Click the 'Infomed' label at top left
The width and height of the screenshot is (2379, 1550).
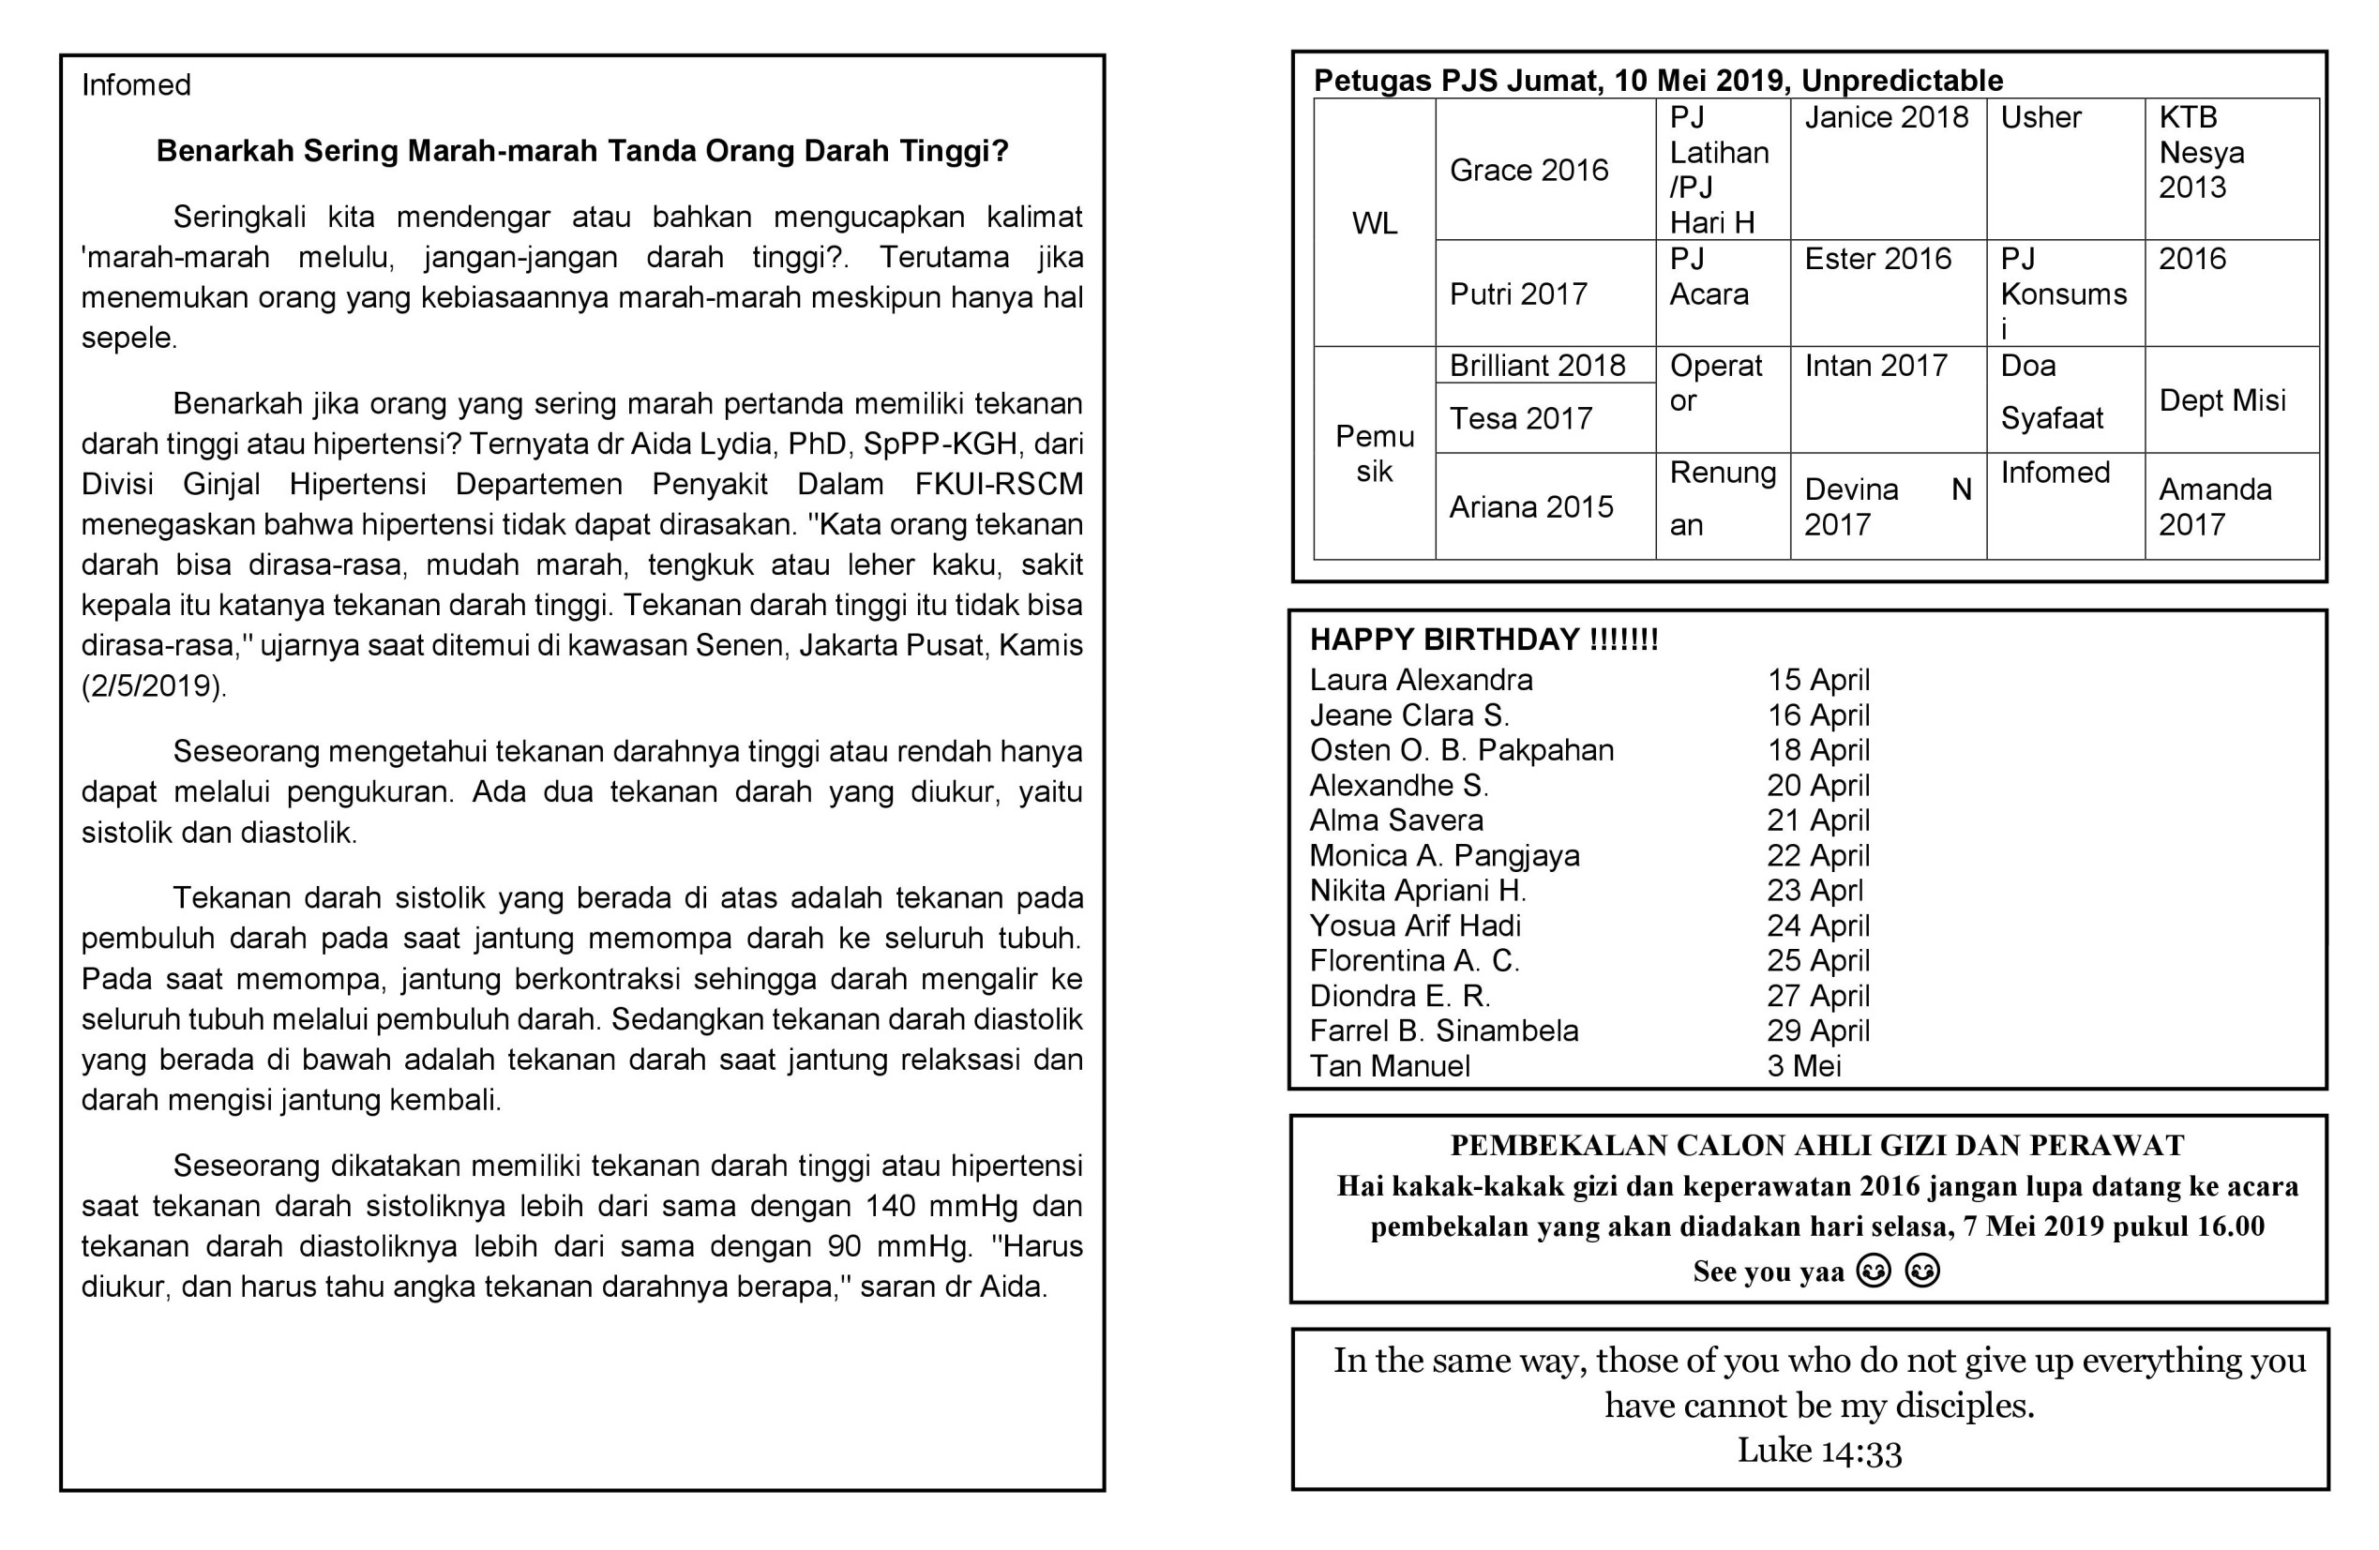pyautogui.click(x=136, y=85)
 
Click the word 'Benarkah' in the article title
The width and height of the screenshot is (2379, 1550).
pyautogui.click(x=226, y=151)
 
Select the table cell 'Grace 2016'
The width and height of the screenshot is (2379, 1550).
pyautogui.click(x=1528, y=170)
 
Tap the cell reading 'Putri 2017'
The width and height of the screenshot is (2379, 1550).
pyautogui.click(x=1517, y=293)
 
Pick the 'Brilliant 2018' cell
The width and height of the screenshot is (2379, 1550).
pyautogui.click(x=1537, y=365)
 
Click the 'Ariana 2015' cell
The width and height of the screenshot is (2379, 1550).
pyautogui.click(x=1530, y=506)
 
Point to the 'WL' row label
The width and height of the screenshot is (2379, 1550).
pyautogui.click(x=1375, y=223)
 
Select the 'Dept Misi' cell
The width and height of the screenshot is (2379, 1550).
pyautogui.click(x=2221, y=399)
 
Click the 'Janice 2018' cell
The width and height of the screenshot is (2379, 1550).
pyautogui.click(x=1885, y=117)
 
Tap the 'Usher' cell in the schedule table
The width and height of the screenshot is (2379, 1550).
pyautogui.click(x=2040, y=117)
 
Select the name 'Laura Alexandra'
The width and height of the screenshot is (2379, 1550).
pyautogui.click(x=1421, y=680)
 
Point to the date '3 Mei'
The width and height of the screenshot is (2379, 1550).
pyautogui.click(x=1803, y=1065)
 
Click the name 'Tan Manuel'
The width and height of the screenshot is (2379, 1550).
pyautogui.click(x=1390, y=1065)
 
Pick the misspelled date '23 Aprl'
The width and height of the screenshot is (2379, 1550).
pyautogui.click(x=1814, y=890)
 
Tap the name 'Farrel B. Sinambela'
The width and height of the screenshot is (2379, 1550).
pyautogui.click(x=1443, y=1031)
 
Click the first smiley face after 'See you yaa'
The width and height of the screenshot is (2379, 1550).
pyautogui.click(x=1873, y=1272)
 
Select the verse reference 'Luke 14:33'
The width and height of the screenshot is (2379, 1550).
pyautogui.click(x=1818, y=1450)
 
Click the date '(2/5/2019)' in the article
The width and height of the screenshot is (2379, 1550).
pyautogui.click(x=154, y=685)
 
